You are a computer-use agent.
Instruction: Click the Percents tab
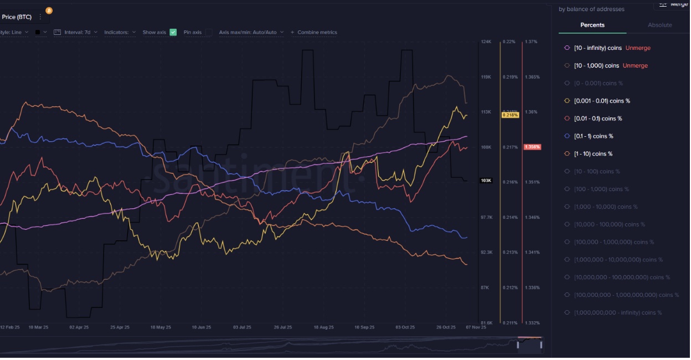[x=592, y=25]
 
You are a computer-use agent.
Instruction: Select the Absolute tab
[x=659, y=25]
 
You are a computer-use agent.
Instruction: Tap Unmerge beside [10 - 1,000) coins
[x=635, y=66]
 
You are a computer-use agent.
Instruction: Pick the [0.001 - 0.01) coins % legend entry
[x=601, y=101]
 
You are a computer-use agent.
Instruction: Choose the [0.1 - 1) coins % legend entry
[x=593, y=136]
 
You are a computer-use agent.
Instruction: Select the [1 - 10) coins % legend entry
[x=593, y=154]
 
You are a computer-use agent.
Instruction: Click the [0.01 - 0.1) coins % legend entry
[x=597, y=119]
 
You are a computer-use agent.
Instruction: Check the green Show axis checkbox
[x=173, y=32]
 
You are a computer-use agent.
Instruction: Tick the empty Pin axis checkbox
[x=209, y=32]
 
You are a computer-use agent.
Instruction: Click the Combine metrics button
[x=314, y=32]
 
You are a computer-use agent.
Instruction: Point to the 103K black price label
[x=486, y=181]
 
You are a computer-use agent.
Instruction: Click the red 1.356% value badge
[x=532, y=147]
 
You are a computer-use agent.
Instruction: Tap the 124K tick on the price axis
[x=486, y=42]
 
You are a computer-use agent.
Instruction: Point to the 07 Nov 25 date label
[x=476, y=327]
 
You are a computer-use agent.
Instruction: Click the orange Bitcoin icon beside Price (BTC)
[x=49, y=11]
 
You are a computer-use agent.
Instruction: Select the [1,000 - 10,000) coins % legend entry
[x=605, y=207]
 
